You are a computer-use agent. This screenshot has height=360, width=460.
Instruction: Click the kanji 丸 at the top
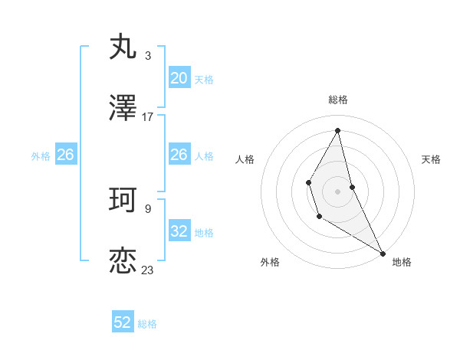click(x=123, y=47)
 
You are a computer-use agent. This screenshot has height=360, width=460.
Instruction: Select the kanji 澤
click(x=123, y=109)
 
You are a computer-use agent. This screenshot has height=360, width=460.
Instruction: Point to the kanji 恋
click(x=123, y=261)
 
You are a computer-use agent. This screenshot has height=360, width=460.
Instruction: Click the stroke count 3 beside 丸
click(x=148, y=55)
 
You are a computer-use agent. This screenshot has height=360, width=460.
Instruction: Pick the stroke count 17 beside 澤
click(x=148, y=117)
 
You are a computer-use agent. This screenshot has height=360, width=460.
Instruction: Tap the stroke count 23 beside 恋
click(x=148, y=270)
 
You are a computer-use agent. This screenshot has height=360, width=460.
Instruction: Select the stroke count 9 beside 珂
click(x=148, y=208)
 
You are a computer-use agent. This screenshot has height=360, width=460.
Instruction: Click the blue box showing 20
click(x=179, y=78)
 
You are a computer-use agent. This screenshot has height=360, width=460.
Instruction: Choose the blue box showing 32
click(x=179, y=231)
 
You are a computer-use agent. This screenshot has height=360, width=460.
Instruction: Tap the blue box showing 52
click(x=123, y=322)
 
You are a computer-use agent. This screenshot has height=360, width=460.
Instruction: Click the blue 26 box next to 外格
click(x=65, y=155)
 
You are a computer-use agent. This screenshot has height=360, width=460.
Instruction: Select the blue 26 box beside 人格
click(x=179, y=155)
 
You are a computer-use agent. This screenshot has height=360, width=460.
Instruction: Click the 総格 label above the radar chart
click(x=338, y=100)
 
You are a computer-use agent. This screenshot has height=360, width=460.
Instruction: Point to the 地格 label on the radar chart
click(x=402, y=262)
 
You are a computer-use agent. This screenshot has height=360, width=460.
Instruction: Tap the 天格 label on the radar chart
click(x=431, y=159)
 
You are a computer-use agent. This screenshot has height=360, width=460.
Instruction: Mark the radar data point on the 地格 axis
click(x=383, y=253)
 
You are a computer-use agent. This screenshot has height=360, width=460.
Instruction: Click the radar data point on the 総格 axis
click(x=338, y=130)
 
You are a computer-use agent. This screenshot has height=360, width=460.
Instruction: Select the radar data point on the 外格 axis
click(x=319, y=218)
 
